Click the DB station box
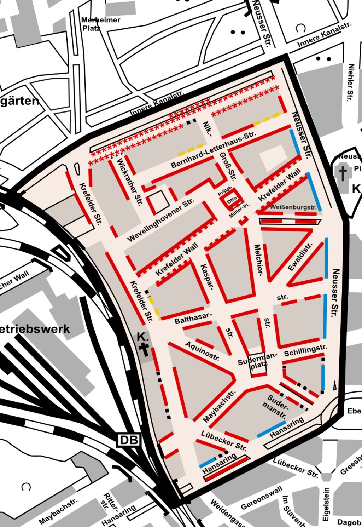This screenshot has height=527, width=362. click(129, 440)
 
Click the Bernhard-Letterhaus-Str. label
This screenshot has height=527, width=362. click(213, 150)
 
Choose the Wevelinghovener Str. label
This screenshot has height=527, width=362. click(161, 220)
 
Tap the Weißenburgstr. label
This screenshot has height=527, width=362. click(293, 207)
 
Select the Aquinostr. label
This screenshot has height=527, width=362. click(202, 351)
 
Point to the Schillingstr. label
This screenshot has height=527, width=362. click(305, 350)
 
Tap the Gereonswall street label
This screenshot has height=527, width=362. click(262, 498)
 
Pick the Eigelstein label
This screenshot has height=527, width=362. click(326, 504)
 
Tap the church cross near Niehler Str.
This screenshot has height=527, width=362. click(343, 173)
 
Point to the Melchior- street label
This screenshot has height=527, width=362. click(258, 260)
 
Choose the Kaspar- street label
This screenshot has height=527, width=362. click(207, 277)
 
